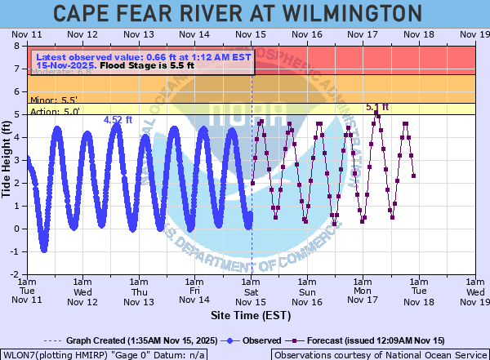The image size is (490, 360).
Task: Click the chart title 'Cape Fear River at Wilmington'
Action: point(245,13)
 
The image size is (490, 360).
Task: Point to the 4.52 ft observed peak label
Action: point(118,120)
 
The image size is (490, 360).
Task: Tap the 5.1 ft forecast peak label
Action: point(377,107)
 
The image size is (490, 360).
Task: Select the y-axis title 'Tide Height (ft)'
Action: point(7,159)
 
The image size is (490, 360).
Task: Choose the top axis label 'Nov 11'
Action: point(28,35)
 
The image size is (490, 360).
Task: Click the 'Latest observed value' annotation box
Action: point(140,61)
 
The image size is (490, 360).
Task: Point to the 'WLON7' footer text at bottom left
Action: point(104,354)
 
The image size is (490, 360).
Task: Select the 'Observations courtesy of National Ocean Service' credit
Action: point(381,354)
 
